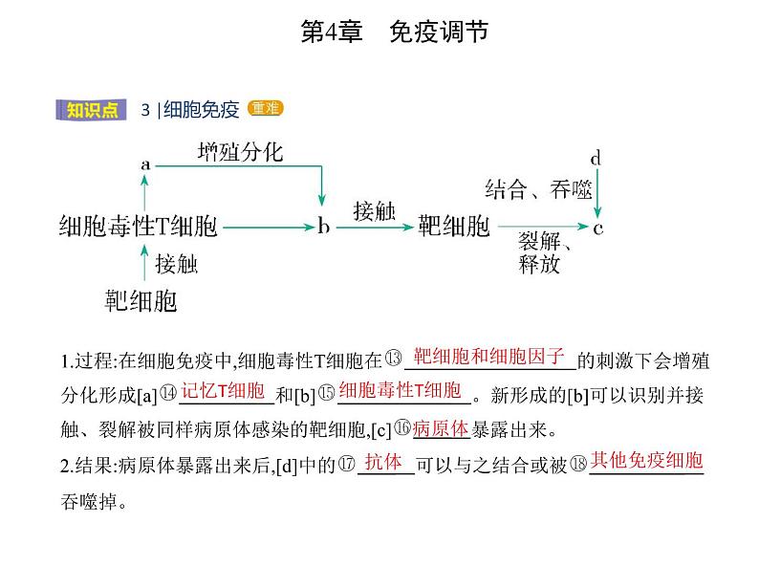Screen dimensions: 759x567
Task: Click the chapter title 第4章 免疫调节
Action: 394,32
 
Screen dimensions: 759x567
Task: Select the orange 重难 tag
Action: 265,109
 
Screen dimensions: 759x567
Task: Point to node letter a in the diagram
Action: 145,164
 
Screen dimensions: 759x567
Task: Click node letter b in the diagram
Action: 323,228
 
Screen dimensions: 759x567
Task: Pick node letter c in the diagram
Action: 598,229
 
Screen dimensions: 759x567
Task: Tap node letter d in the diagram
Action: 595,158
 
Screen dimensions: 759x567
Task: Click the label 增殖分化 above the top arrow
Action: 240,152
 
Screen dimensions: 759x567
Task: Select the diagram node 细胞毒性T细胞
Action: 138,228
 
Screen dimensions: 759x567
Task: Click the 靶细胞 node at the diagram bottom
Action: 141,303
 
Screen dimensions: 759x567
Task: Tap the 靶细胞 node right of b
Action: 454,228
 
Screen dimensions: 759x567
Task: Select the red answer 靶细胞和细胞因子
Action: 490,357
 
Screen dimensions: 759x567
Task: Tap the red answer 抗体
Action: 383,461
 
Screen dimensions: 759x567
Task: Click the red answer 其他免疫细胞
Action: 646,461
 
